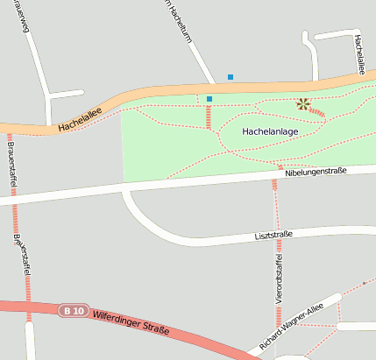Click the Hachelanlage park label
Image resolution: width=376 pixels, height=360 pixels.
(271, 131)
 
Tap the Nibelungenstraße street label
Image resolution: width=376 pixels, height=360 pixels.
(316, 173)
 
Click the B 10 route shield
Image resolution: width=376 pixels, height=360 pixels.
(74, 310)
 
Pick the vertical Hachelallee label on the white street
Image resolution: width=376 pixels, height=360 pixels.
(358, 52)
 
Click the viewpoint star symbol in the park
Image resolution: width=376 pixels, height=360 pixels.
(303, 103)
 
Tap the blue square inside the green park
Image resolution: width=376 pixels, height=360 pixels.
(209, 98)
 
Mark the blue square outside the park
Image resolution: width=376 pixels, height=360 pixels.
(231, 77)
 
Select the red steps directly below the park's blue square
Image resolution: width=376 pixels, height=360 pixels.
(209, 116)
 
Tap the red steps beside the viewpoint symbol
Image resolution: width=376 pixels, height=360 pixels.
(317, 112)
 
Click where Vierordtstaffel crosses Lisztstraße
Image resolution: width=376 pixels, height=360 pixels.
(276, 236)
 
